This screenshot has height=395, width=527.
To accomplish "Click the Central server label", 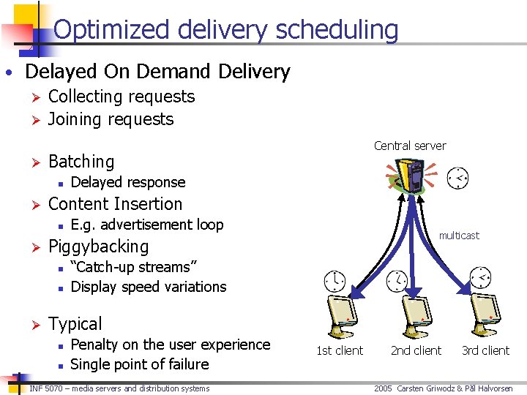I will tap(409, 146).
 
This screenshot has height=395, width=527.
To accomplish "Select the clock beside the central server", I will tap(457, 178).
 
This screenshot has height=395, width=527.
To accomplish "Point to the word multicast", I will tap(458, 236).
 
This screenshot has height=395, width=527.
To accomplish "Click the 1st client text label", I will tap(339, 350).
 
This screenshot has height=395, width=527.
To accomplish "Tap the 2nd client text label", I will tap(416, 350).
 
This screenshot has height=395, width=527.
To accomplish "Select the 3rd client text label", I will tap(485, 350).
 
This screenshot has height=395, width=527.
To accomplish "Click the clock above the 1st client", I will tap(334, 280).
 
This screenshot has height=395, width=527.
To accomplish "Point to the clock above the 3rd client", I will tap(480, 276).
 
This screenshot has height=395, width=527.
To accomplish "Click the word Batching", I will tap(81, 162).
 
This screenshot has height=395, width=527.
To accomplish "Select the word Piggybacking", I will tap(98, 247).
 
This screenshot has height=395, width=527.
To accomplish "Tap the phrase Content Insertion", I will tap(115, 204).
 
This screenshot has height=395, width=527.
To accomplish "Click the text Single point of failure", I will tap(140, 364).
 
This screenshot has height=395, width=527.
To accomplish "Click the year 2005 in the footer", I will tap(384, 388).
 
